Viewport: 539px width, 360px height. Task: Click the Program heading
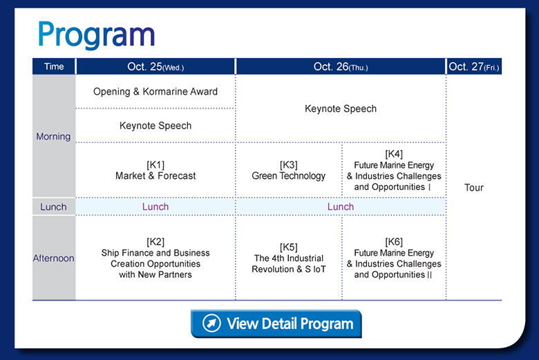pyautogui.click(x=96, y=35)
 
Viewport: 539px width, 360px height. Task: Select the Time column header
pyautogui.click(x=54, y=66)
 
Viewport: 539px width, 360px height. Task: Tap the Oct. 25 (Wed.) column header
pyautogui.click(x=155, y=67)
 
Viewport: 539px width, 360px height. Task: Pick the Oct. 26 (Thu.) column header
pyautogui.click(x=341, y=67)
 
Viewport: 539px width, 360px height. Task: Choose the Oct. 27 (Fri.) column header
pyautogui.click(x=474, y=67)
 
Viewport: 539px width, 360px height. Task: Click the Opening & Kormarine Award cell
pyautogui.click(x=155, y=91)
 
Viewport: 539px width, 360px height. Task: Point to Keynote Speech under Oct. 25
pyautogui.click(x=155, y=126)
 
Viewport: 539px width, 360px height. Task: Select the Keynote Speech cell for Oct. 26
pyautogui.click(x=341, y=108)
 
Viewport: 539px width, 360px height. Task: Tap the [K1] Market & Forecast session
pyautogui.click(x=155, y=170)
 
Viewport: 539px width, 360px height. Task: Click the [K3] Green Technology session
pyautogui.click(x=288, y=170)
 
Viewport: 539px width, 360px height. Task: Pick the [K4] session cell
pyautogui.click(x=394, y=170)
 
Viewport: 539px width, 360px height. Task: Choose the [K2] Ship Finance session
pyautogui.click(x=155, y=258)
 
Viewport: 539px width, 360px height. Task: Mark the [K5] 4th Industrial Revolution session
pyautogui.click(x=289, y=258)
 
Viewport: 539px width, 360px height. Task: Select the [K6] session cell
pyautogui.click(x=394, y=258)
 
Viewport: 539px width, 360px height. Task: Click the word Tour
pyautogui.click(x=473, y=187)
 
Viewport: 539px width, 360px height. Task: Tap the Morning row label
pyautogui.click(x=53, y=137)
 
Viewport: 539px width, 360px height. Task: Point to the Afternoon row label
pyautogui.click(x=54, y=258)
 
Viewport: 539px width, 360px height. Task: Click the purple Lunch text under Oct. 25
pyautogui.click(x=155, y=207)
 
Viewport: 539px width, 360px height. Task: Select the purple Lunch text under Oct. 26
pyautogui.click(x=341, y=207)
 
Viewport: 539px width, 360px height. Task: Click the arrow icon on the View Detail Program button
pyautogui.click(x=211, y=323)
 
